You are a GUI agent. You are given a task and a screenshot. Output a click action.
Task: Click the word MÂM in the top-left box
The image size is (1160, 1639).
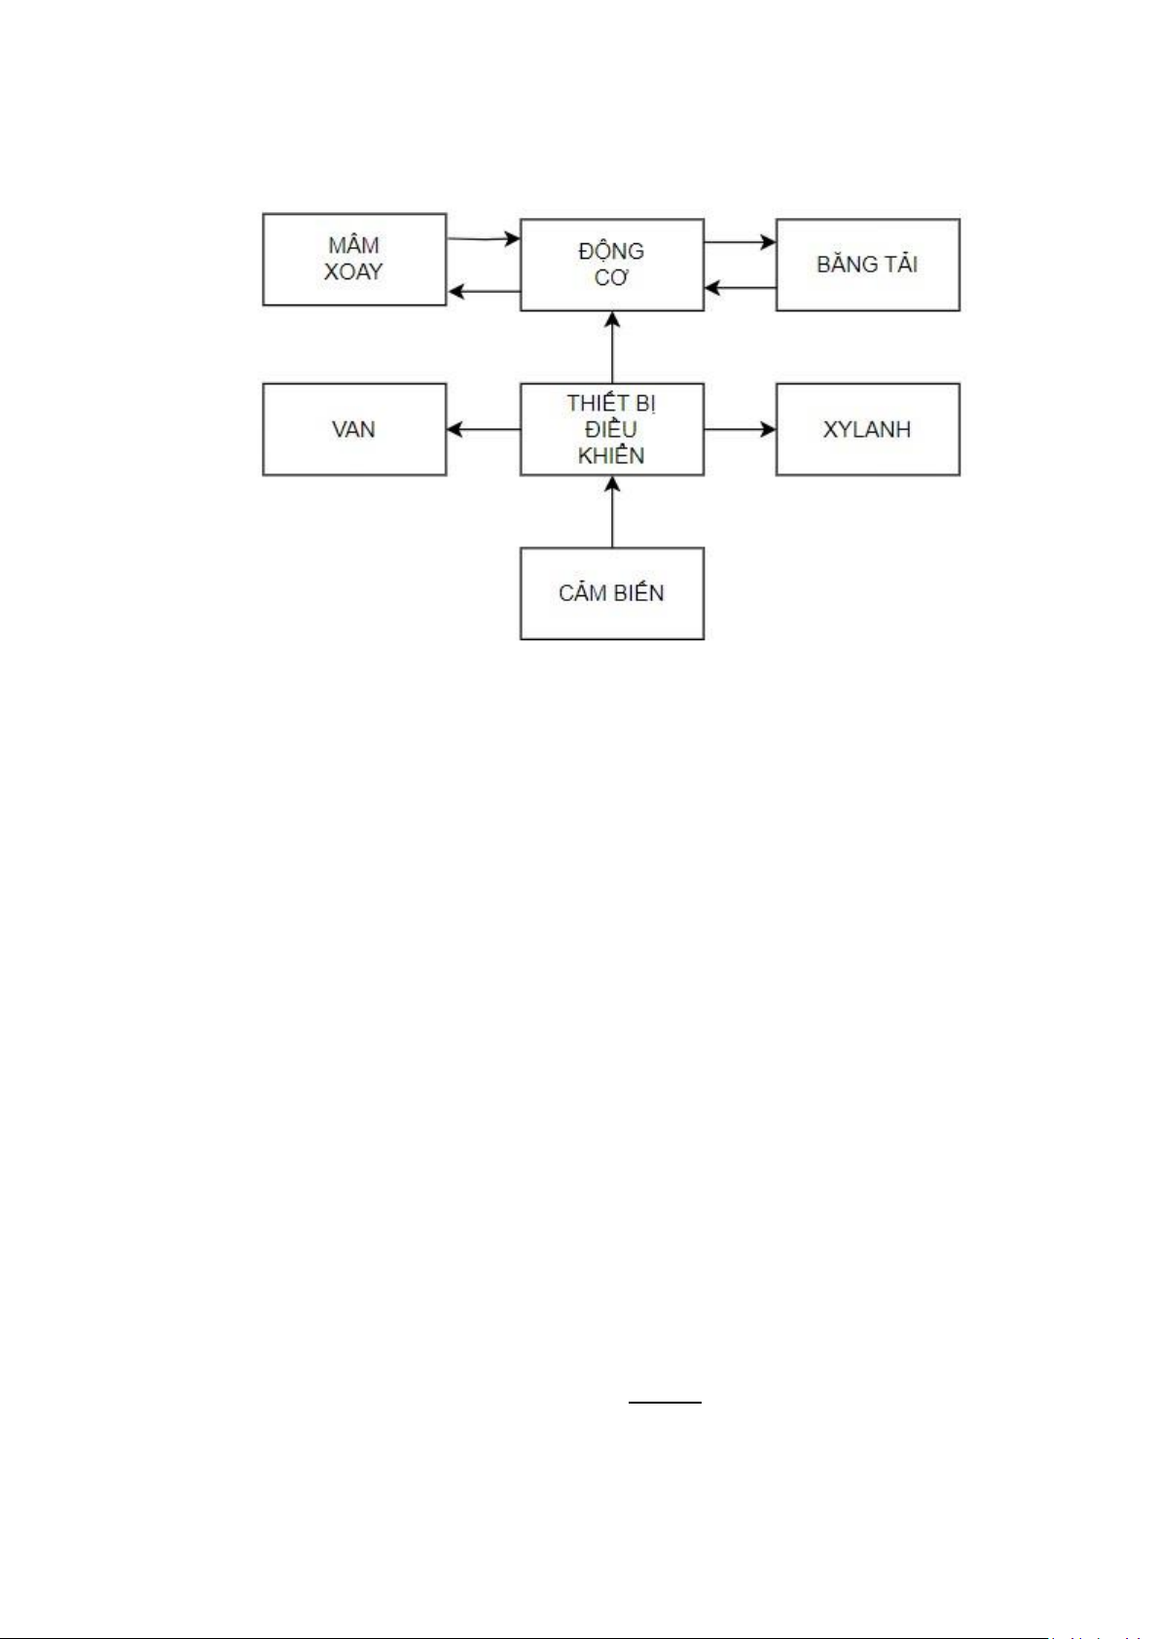(353, 245)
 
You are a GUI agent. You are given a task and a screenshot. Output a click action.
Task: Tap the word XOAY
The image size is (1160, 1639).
(353, 271)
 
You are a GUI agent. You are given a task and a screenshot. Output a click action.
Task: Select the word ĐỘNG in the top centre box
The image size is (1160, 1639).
(611, 250)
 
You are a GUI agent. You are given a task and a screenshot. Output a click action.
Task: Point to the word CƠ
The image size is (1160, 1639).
(611, 278)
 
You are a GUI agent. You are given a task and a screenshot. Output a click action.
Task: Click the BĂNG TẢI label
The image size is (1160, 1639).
(867, 265)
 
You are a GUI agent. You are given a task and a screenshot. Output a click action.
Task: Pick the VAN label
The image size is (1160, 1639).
(353, 429)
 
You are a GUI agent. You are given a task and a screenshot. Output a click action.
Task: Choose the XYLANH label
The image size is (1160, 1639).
(867, 429)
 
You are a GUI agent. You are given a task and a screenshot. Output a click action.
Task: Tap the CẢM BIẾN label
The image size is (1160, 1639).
(611, 593)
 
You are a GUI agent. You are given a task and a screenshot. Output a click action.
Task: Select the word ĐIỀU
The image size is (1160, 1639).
(611, 429)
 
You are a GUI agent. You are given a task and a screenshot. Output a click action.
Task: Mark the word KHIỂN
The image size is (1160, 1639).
(611, 455)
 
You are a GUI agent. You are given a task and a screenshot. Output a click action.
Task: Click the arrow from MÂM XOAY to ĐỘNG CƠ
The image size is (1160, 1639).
(483, 238)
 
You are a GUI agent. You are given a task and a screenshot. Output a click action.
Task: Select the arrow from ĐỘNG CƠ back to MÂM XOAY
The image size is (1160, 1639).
(483, 291)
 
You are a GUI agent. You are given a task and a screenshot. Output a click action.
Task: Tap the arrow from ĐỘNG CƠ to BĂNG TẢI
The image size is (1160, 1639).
(740, 242)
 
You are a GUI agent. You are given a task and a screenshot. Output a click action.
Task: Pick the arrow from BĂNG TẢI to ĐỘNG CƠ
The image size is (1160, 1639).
(740, 288)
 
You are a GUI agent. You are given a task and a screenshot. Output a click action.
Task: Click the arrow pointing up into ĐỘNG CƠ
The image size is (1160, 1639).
(612, 347)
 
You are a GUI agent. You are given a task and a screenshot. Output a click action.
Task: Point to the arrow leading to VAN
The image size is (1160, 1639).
(483, 429)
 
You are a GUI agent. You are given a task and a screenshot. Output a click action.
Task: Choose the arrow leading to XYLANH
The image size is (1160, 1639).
(740, 429)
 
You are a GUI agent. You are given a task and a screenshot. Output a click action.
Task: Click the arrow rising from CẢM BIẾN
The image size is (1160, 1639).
(612, 512)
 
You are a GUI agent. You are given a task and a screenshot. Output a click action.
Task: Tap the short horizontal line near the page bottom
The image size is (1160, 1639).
(665, 1403)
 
